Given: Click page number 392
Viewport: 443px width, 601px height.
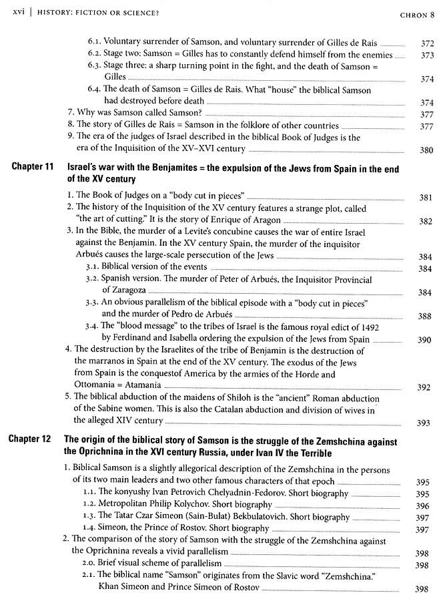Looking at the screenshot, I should tap(424, 387).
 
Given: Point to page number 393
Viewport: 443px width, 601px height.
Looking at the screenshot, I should tap(424, 422).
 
